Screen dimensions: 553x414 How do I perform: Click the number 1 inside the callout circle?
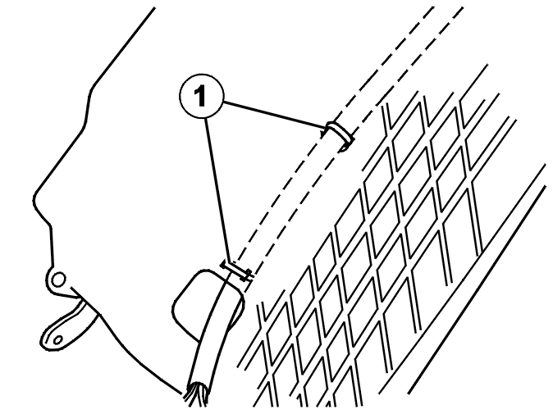pyautogui.click(x=200, y=96)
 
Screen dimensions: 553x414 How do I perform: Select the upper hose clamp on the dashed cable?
pyautogui.click(x=340, y=135)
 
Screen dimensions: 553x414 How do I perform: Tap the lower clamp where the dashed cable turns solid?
pyautogui.click(x=237, y=271)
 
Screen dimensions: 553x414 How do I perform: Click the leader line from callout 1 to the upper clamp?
pyautogui.click(x=274, y=115)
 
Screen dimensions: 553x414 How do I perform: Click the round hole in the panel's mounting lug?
pyautogui.click(x=58, y=280)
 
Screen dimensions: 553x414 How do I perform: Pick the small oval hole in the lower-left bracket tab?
pyautogui.click(x=58, y=340)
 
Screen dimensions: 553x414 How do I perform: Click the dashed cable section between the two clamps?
pyautogui.click(x=289, y=204)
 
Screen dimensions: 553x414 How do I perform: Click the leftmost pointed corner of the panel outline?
pyautogui.click(x=34, y=201)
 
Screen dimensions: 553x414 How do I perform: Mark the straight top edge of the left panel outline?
pyautogui.click(x=123, y=46)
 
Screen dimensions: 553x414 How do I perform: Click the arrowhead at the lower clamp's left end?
pyautogui.click(x=224, y=264)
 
